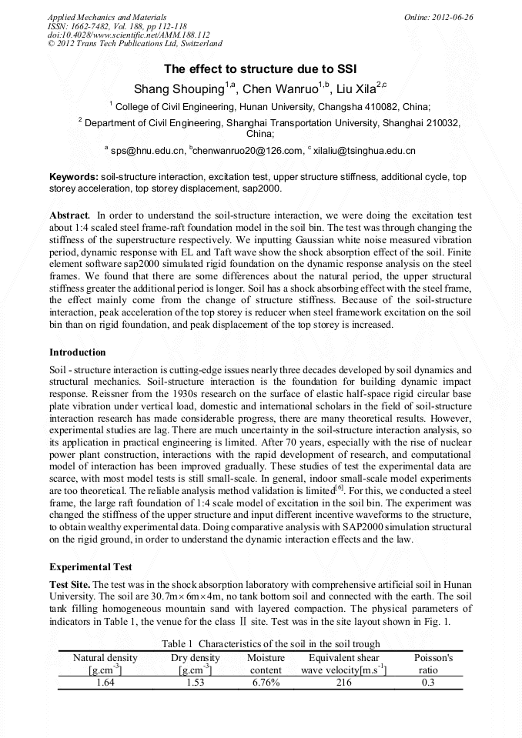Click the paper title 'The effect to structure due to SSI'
(x=260, y=68)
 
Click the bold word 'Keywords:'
(x=73, y=177)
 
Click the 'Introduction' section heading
(x=77, y=352)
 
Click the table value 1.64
(x=105, y=682)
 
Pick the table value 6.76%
(x=266, y=682)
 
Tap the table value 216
(x=343, y=682)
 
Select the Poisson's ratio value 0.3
(x=429, y=682)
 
